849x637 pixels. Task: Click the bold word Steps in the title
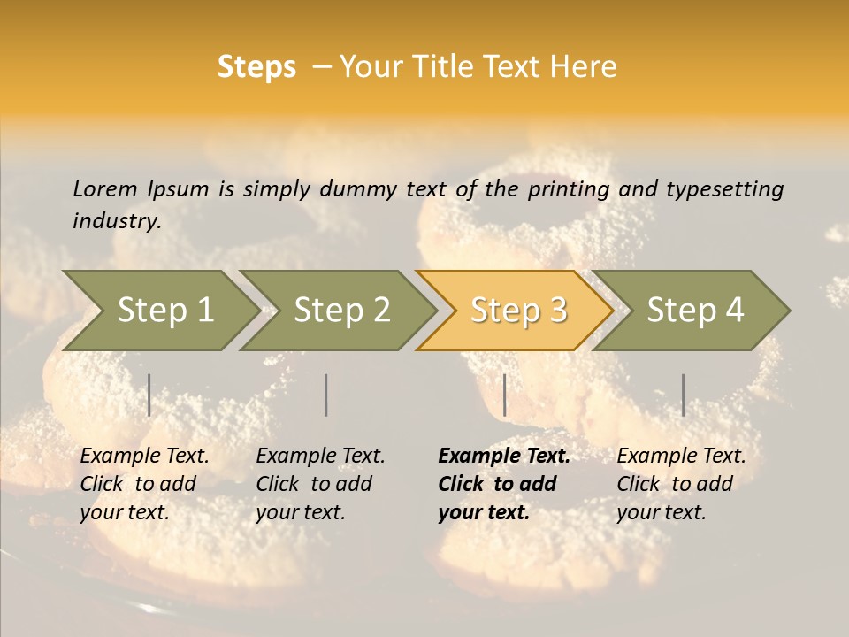click(256, 67)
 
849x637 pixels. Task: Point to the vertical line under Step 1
click(149, 395)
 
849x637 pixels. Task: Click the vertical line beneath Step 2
click(326, 395)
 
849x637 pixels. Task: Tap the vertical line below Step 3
click(504, 395)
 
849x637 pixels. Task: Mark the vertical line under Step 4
click(683, 395)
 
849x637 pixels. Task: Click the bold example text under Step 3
click(503, 484)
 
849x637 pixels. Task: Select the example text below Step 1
click(144, 484)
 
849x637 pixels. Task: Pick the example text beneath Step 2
click(320, 484)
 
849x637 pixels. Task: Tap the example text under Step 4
click(681, 484)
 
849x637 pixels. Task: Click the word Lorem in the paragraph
click(104, 189)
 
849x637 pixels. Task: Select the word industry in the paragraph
click(117, 221)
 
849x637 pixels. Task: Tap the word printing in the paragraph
click(570, 189)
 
